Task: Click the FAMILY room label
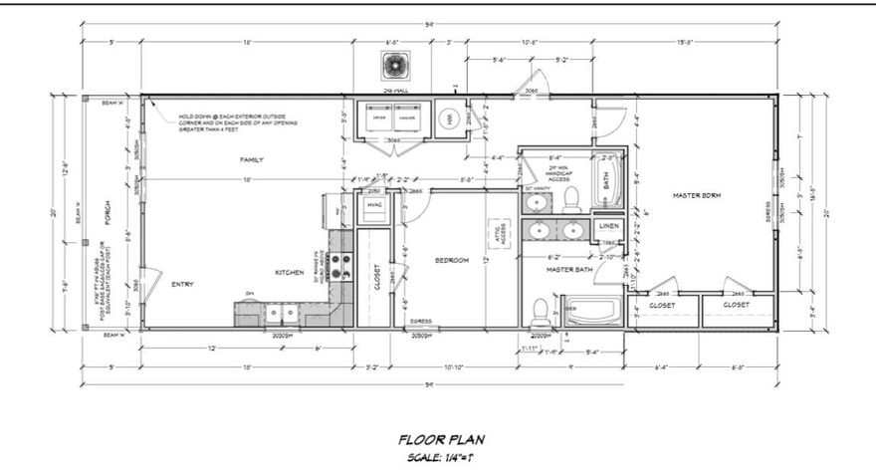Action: (x=249, y=159)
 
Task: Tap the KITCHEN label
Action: (x=290, y=272)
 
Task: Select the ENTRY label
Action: (x=181, y=284)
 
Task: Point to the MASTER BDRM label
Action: (x=696, y=195)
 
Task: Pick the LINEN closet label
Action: (x=609, y=227)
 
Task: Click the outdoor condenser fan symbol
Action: (x=390, y=66)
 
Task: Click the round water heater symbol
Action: (x=449, y=119)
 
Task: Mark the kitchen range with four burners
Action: (x=340, y=266)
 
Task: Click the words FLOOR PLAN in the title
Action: (x=441, y=438)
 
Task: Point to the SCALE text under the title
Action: (x=441, y=457)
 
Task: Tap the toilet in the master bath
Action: (x=541, y=314)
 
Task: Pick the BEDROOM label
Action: (x=452, y=261)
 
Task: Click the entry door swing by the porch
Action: (x=149, y=283)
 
